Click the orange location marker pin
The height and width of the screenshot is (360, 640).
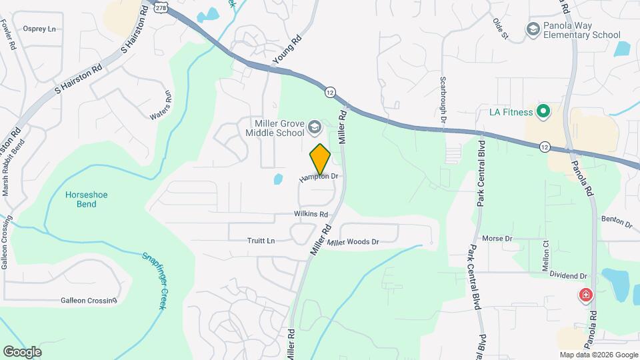(320, 159)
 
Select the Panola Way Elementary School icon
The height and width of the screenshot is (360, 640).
(532, 29)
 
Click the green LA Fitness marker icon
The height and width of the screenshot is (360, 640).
(543, 111)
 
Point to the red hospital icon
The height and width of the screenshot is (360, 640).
(586, 294)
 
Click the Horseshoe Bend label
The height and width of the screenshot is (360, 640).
(87, 199)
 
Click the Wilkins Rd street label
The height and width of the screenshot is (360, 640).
(311, 215)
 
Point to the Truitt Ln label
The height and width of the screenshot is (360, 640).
(261, 241)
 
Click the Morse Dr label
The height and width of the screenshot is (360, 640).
(497, 238)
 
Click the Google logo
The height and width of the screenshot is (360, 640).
(22, 351)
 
